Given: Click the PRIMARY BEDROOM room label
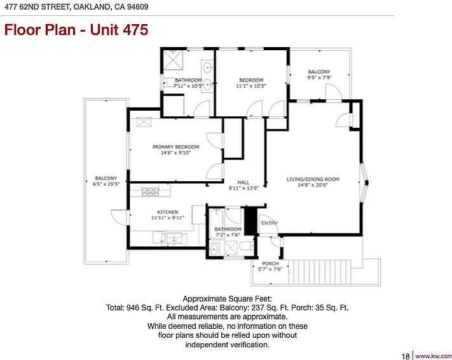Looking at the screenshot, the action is [175, 147].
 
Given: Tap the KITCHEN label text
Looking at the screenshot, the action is [167, 212].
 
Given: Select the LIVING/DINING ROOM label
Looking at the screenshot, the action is [313, 179].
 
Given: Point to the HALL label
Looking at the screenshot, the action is [243, 183].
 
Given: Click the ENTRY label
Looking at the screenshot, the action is [270, 223].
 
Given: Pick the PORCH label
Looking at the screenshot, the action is [270, 263].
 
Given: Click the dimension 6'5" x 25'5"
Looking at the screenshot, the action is [106, 184].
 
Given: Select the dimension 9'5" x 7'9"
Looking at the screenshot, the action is [319, 78].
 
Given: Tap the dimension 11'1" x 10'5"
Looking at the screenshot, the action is [250, 86].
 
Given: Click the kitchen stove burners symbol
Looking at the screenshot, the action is [150, 192].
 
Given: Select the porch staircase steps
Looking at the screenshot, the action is [319, 272].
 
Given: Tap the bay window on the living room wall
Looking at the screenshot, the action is [364, 183].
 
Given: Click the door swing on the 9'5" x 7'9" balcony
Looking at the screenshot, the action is [334, 92].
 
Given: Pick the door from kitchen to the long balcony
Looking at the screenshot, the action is [119, 218].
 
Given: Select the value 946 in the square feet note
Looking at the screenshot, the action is [133, 308].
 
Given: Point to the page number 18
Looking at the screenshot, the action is [406, 357].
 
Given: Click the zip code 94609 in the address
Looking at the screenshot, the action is [138, 6].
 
